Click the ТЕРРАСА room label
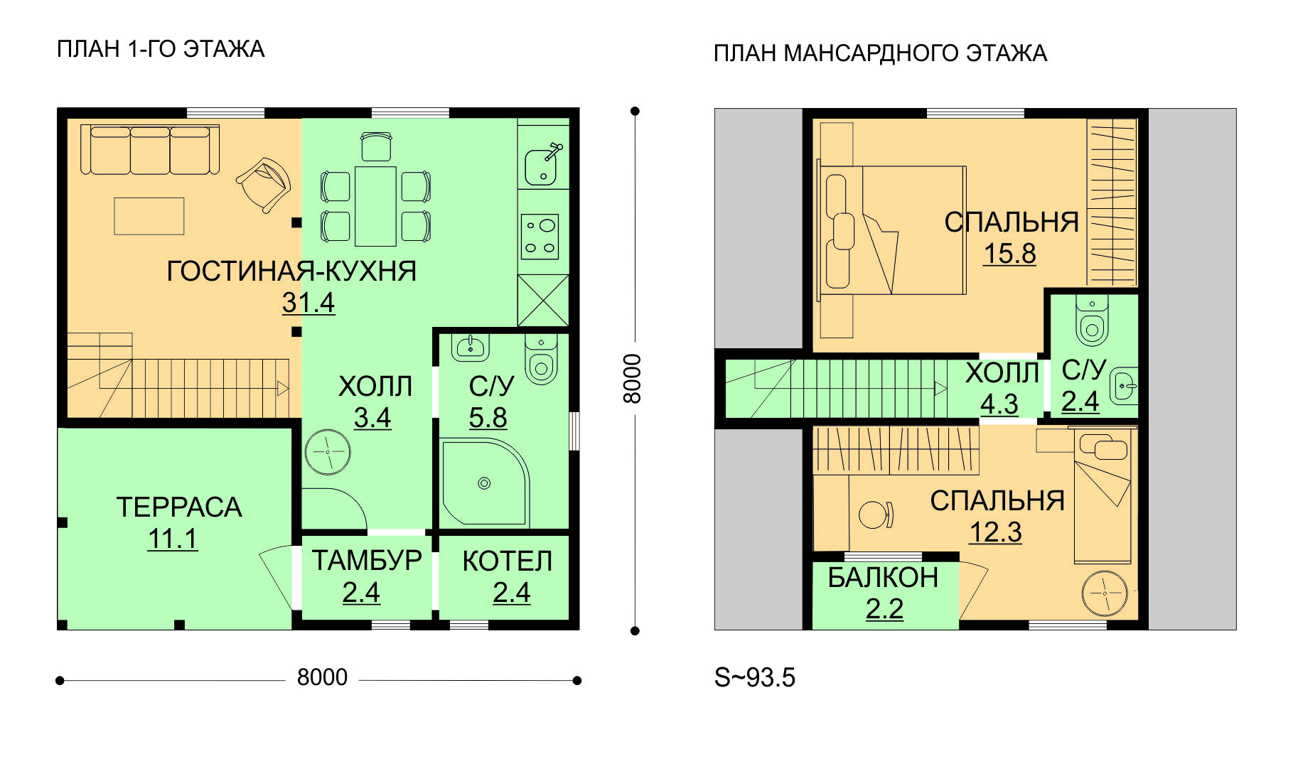179,507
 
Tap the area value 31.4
309,303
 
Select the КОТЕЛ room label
508,561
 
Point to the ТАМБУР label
367,561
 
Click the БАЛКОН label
884,578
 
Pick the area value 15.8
1009,254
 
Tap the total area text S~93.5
755,677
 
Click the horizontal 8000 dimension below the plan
322,677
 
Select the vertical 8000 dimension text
632,379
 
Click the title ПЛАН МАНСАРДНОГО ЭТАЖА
881,53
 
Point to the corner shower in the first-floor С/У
485,483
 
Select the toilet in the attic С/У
1093,321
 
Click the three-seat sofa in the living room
150,149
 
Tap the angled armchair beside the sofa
264,184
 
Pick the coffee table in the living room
149,216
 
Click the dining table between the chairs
375,206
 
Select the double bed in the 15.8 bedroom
891,230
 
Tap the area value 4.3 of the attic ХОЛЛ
999,404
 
